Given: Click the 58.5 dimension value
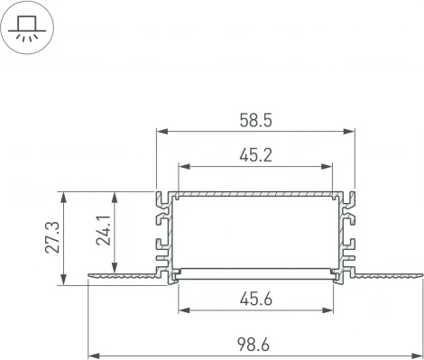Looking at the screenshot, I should [x=255, y=118].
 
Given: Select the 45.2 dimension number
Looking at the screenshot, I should [x=255, y=154].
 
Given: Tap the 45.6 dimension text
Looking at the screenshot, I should [x=255, y=299].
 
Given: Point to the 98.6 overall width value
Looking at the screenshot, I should [x=255, y=345].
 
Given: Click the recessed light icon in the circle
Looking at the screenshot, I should [x=26, y=27].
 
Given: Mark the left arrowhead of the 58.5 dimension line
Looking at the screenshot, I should [x=161, y=130].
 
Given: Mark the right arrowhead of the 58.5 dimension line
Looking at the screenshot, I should [x=352, y=130].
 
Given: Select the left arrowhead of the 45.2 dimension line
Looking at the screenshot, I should [x=183, y=166].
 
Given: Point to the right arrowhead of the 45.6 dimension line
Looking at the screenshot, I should [x=328, y=310].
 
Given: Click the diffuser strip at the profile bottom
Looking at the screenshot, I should [x=256, y=270].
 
